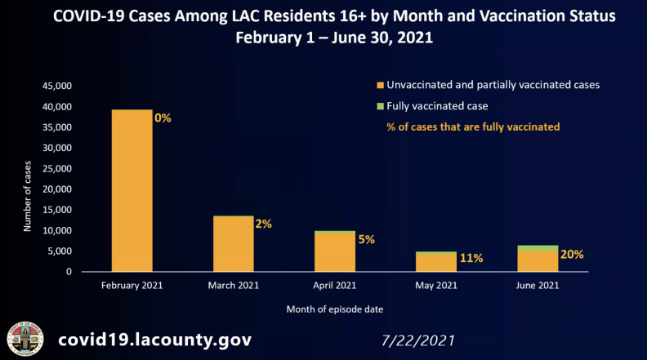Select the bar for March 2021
tap(234, 243)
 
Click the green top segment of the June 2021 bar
tap(538, 247)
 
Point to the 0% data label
tap(163, 118)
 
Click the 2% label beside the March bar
tap(263, 223)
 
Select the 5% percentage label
tap(365, 239)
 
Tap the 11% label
tap(471, 258)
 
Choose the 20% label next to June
tap(572, 254)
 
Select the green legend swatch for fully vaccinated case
tap(380, 106)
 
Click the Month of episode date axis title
tap(334, 309)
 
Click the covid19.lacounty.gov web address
tap(154, 339)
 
